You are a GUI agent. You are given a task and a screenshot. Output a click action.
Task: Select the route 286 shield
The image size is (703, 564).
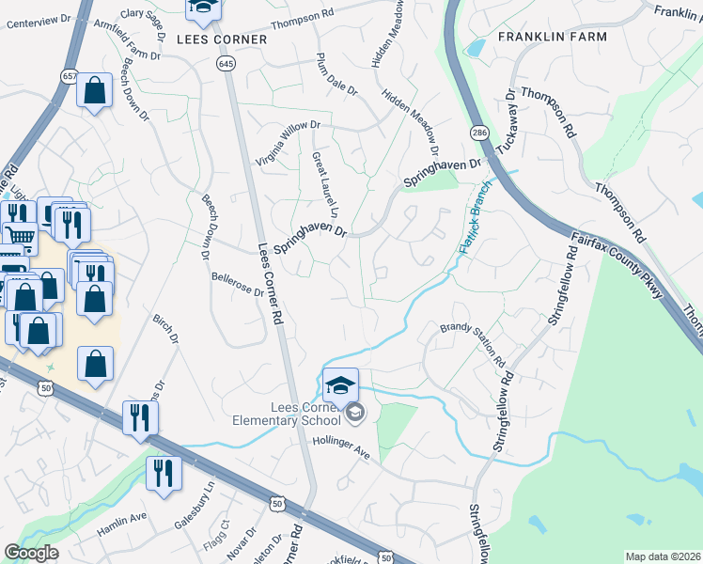click(x=478, y=132)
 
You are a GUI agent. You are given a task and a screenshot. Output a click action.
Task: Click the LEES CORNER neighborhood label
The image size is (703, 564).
click(x=222, y=40)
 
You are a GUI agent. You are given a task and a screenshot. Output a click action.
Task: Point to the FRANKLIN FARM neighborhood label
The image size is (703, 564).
click(x=553, y=37)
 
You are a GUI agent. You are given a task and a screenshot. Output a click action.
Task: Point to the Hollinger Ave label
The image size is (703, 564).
click(x=344, y=446)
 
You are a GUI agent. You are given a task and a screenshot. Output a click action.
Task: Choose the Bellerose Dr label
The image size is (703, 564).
click(x=238, y=285)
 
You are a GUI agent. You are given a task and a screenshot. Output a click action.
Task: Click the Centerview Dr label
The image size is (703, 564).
click(x=39, y=21)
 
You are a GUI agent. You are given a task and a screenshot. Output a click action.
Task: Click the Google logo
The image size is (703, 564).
click(x=31, y=553)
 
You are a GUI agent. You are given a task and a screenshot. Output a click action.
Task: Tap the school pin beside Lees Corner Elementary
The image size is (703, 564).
click(x=340, y=384)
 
